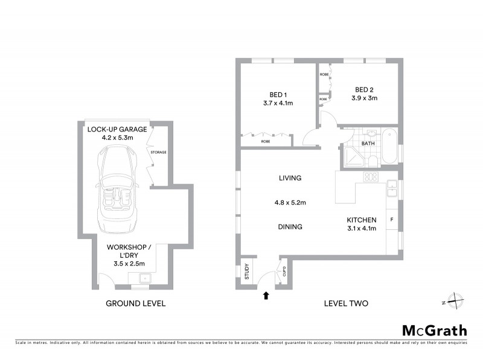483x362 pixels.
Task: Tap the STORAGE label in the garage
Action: tap(159, 152)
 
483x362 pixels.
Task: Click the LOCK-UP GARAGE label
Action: tap(117, 129)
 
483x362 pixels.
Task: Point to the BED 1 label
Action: tap(278, 94)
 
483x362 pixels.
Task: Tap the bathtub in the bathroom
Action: tap(389, 147)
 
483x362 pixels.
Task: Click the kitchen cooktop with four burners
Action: tap(370, 177)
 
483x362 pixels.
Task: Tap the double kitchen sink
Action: tap(392, 188)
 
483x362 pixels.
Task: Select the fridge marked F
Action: tap(392, 219)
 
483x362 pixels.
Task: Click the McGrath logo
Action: tap(434, 330)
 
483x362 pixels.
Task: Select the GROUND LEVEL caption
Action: tap(135, 303)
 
